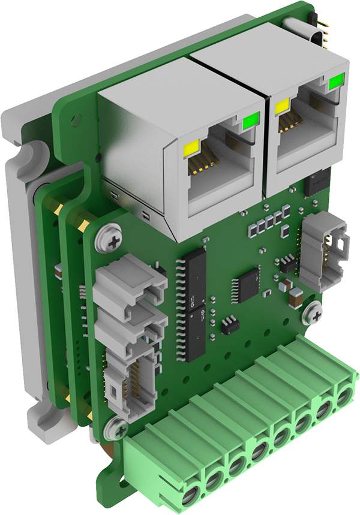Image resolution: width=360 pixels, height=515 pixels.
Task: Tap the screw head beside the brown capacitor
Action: (312, 312)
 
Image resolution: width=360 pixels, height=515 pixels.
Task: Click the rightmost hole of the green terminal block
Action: (344, 398)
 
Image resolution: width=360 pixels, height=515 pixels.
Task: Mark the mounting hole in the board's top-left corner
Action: (76, 120)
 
